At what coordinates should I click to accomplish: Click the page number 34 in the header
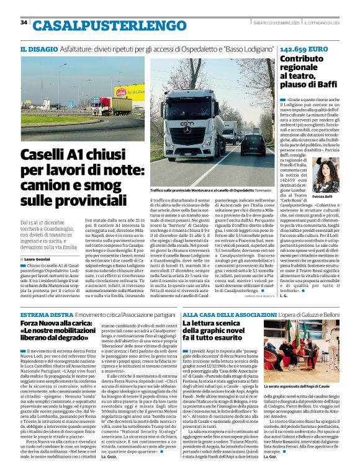coord(24,22)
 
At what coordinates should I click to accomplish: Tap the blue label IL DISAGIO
coord(38,49)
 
